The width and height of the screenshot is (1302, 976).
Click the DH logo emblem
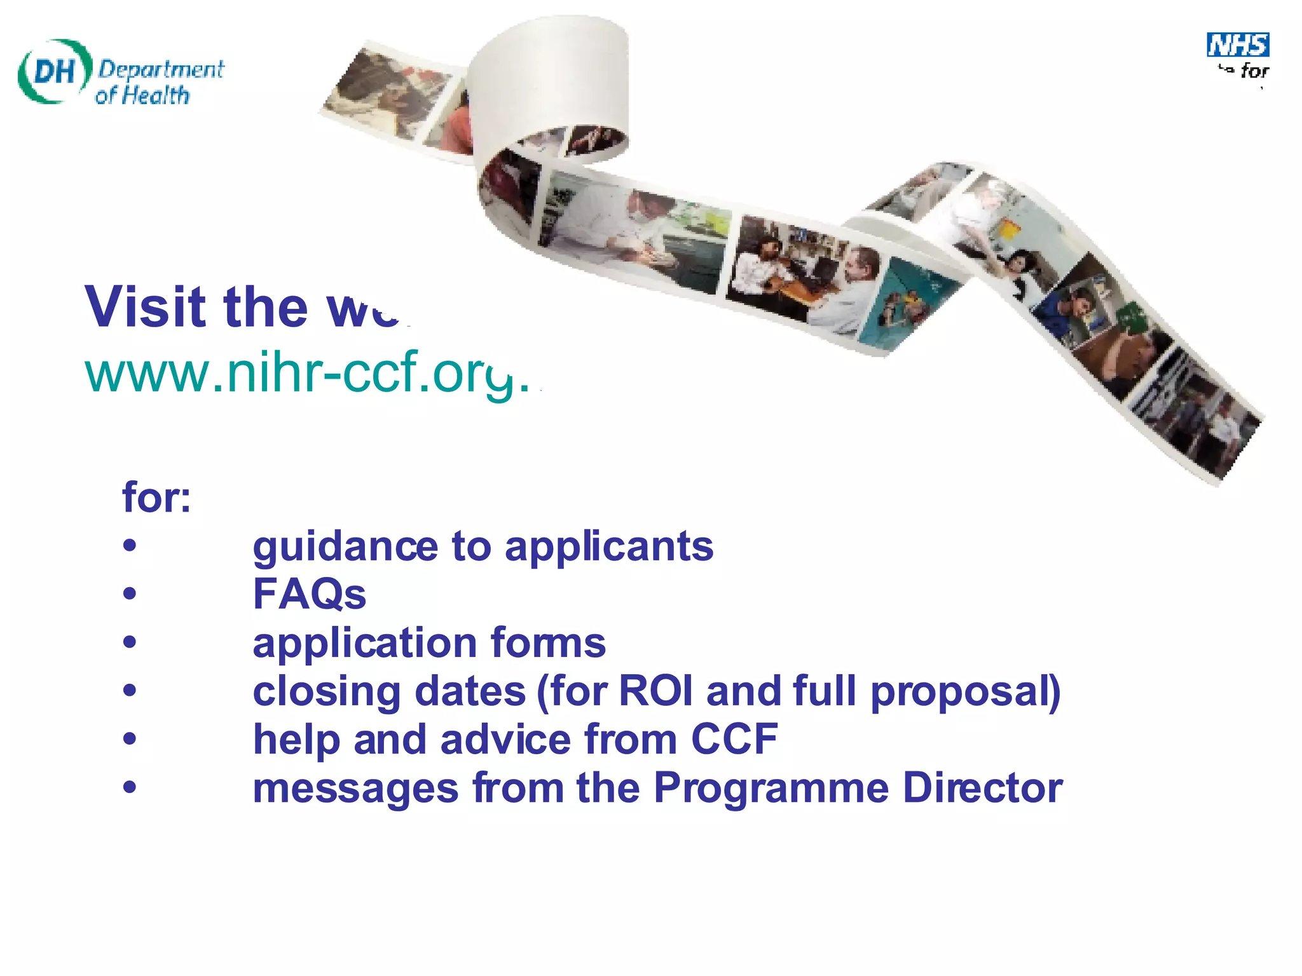pyautogui.click(x=54, y=71)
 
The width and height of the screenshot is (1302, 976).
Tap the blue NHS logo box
pyautogui.click(x=1238, y=45)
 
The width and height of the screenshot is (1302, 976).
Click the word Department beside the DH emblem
pyautogui.click(x=161, y=69)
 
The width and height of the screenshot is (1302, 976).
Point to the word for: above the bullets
pyautogui.click(x=156, y=497)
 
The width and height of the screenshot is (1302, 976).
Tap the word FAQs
pyautogui.click(x=310, y=595)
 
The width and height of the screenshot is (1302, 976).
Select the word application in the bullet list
pyautogui.click(x=364, y=643)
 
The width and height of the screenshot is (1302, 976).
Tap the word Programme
pyautogui.click(x=771, y=789)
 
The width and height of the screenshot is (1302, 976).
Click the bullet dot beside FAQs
pyautogui.click(x=130, y=593)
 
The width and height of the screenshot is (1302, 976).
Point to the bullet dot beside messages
pyautogui.click(x=130, y=787)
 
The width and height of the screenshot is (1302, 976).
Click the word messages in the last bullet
pyautogui.click(x=355, y=789)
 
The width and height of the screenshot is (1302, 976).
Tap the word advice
pyautogui.click(x=505, y=740)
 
